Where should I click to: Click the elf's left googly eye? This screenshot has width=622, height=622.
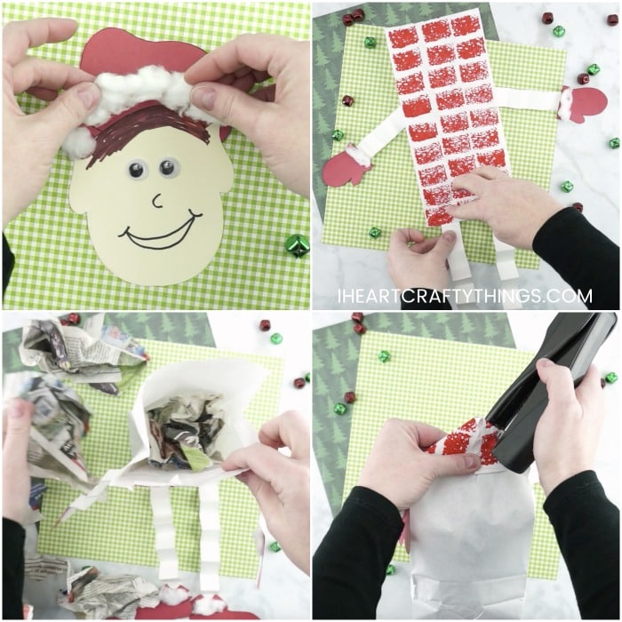tap(137, 169)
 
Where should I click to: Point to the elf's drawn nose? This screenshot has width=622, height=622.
tap(158, 201)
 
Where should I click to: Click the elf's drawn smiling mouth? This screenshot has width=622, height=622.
tap(161, 230)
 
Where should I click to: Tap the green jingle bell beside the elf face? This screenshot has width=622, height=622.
tap(298, 247)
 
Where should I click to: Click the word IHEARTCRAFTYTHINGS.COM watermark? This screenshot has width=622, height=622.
tap(466, 296)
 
